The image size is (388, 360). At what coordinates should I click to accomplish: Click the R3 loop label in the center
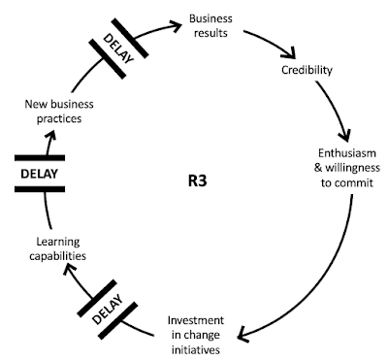pyautogui.click(x=197, y=180)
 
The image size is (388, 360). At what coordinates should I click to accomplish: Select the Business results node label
pyautogui.click(x=210, y=25)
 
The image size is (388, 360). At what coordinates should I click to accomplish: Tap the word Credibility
pyautogui.click(x=307, y=70)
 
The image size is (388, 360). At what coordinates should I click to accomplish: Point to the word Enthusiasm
pyautogui.click(x=347, y=153)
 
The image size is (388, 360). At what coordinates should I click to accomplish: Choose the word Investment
pyautogui.click(x=196, y=320)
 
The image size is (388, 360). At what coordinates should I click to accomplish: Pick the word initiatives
pyautogui.click(x=196, y=350)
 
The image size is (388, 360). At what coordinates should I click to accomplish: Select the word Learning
pyautogui.click(x=58, y=243)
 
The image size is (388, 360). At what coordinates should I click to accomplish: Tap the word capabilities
pyautogui.click(x=58, y=256)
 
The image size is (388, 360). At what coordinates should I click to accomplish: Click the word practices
pyautogui.click(x=59, y=118)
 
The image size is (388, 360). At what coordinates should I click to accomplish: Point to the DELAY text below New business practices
pyautogui.click(x=39, y=174)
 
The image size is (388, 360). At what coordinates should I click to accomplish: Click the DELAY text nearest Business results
pyautogui.click(x=118, y=49)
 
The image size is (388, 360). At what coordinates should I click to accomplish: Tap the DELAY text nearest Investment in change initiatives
pyautogui.click(x=108, y=310)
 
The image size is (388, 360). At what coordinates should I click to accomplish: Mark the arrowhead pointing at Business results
pyautogui.click(x=177, y=26)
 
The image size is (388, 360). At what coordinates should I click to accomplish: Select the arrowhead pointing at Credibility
pyautogui.click(x=290, y=53)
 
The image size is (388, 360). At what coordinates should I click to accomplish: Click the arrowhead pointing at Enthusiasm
pyautogui.click(x=344, y=135)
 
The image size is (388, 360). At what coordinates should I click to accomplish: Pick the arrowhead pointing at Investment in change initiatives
pyautogui.click(x=243, y=335)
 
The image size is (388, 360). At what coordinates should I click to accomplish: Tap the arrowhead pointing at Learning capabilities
pyautogui.click(x=69, y=269)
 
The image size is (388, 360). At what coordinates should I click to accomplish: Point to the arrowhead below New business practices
pyautogui.click(x=51, y=135)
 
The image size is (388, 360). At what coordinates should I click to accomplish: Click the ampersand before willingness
pyautogui.click(x=318, y=168)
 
